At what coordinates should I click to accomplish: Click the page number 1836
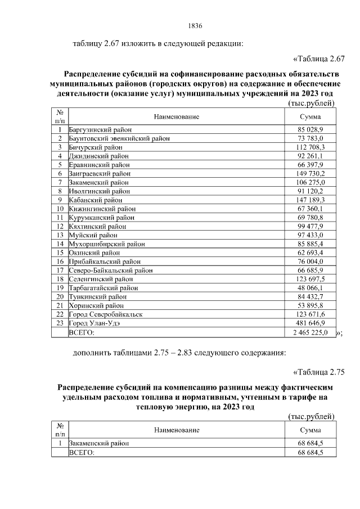point(194,26)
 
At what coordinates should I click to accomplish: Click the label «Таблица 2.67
point(318,58)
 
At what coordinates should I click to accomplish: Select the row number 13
point(60,235)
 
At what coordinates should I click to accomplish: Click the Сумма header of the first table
point(310,116)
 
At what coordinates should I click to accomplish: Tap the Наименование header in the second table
point(176,430)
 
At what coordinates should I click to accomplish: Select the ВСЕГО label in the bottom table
point(82,452)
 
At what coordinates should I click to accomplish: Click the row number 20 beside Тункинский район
point(60,296)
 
